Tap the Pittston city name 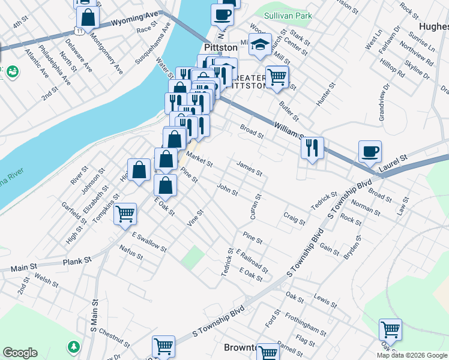[221, 47]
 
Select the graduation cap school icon [260, 44]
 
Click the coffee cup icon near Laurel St [370, 150]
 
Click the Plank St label [79, 260]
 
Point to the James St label [250, 168]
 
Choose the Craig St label [294, 218]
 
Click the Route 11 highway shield [79, 29]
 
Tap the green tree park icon [74, 346]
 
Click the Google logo [20, 353]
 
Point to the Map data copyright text [412, 355]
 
